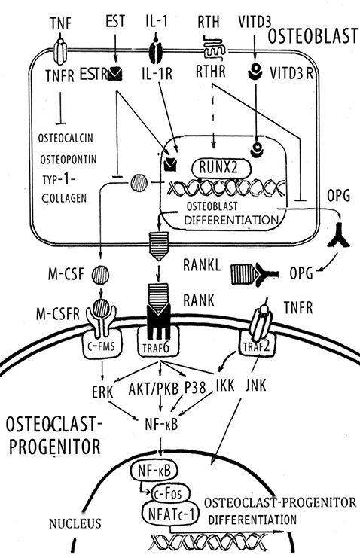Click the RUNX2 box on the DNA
pos(221,168)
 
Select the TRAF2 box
pos(258,344)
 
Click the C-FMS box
pos(102,344)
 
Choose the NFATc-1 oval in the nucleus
pos(171,514)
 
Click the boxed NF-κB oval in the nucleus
pos(154,471)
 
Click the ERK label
pos(102,392)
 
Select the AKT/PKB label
pos(154,389)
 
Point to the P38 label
pos(195,388)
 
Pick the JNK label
pos(255,385)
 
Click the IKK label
pos(225,385)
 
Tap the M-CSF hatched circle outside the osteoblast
pos(100,275)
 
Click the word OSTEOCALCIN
pos(66,138)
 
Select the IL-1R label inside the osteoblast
pos(157,74)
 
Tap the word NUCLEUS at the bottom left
pos(75,524)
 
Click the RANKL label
pos(202,265)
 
